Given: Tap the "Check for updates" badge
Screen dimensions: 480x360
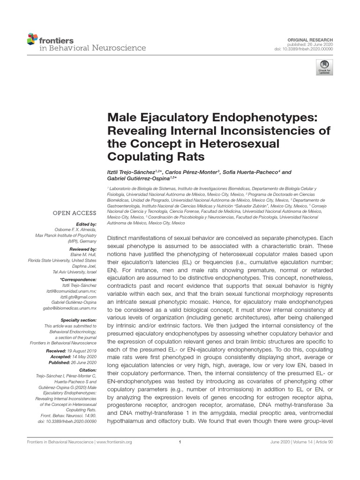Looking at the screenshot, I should point(323,67).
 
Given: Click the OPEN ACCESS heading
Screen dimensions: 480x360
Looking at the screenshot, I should point(75,213).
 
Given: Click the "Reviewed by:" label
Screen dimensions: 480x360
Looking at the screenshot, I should point(83,249).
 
